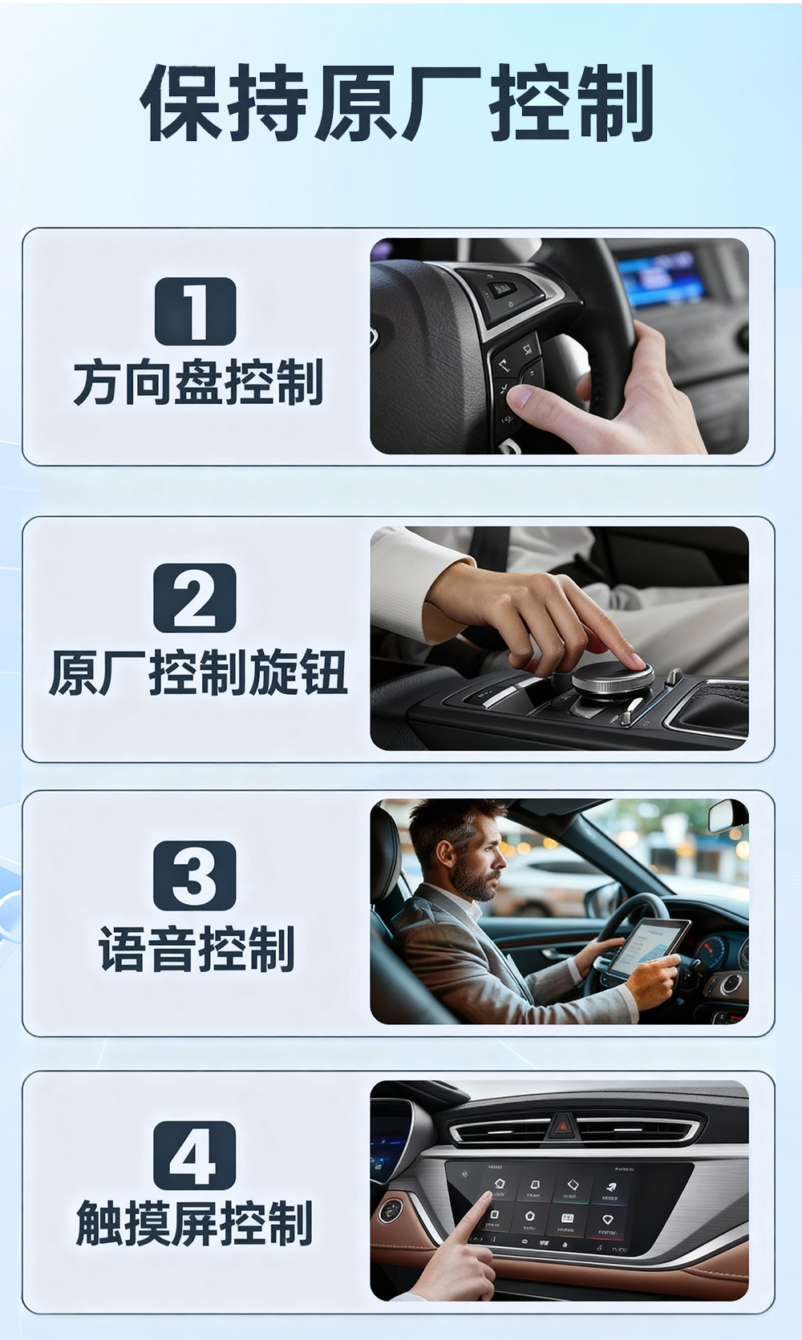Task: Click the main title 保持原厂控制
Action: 397,103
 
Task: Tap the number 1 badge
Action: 195,311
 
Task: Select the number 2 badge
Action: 195,598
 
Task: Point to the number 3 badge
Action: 195,875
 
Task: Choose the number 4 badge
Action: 195,1155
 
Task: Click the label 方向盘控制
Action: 198,382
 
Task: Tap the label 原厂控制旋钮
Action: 198,672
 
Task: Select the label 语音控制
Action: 196,949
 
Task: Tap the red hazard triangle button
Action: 562,1127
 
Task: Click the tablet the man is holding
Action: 649,945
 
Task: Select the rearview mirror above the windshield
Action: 727,815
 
